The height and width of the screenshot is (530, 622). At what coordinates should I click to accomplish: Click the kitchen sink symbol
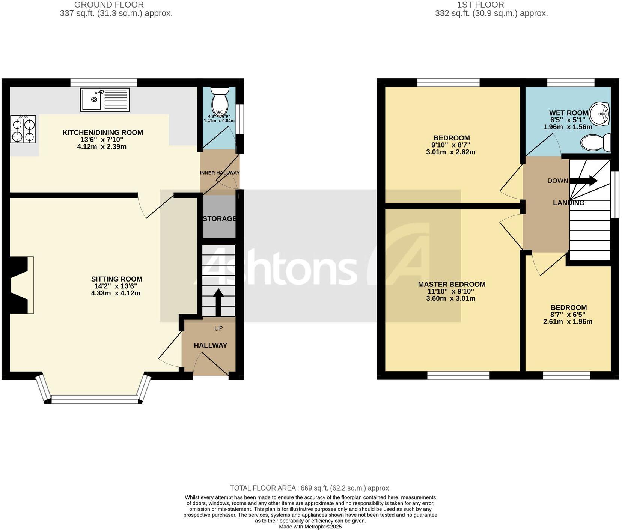tap(105, 99)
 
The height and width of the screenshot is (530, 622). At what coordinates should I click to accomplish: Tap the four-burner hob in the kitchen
tap(23, 129)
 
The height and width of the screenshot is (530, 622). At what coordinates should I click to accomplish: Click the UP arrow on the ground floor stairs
tap(218, 302)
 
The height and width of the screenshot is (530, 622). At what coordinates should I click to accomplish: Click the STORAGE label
tap(220, 218)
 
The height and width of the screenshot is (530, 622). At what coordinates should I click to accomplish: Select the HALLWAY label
tap(210, 345)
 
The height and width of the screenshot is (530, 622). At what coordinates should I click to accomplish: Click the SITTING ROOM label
tap(116, 279)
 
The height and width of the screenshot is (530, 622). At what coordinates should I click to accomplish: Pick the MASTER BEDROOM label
tap(452, 284)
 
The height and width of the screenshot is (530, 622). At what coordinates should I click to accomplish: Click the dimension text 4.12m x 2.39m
tap(102, 147)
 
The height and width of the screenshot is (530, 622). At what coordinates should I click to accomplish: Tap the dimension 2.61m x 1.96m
tap(568, 322)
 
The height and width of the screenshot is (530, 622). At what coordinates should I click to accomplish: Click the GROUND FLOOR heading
tap(109, 5)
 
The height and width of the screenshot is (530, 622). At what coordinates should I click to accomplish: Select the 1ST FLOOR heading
tap(480, 5)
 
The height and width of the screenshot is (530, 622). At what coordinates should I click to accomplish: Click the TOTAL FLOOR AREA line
tap(310, 488)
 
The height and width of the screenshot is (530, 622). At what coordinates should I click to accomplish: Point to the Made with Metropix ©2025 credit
tap(310, 527)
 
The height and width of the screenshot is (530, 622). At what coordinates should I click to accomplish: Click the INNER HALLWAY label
tap(220, 173)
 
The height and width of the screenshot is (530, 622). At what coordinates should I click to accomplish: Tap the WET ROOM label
tap(568, 113)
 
